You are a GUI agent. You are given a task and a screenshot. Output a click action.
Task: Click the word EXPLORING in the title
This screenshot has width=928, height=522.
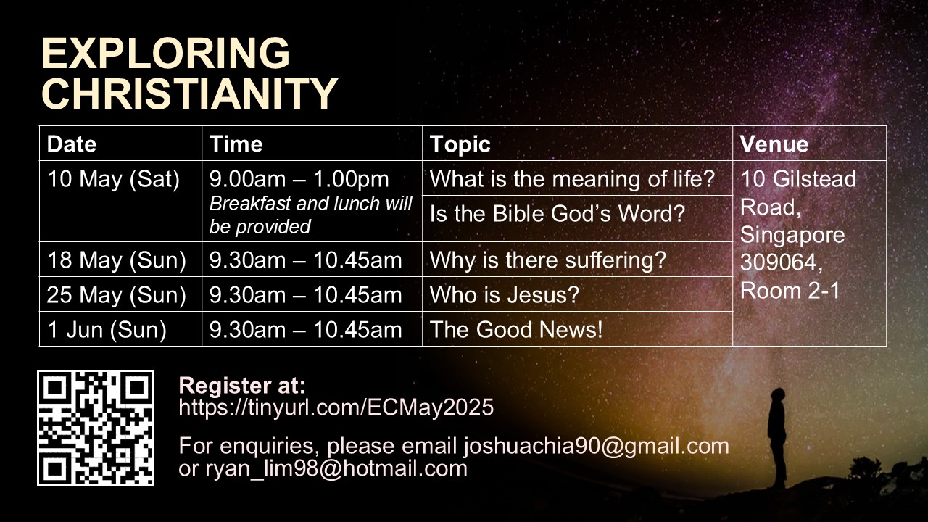point(166,53)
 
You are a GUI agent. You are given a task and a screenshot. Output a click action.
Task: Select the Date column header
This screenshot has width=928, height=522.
point(72,144)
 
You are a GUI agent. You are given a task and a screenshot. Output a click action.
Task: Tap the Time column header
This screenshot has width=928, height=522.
point(236,144)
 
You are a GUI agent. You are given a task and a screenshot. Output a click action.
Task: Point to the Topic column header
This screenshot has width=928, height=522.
point(460,145)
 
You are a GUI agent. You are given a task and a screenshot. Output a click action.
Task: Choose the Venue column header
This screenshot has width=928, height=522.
point(774,144)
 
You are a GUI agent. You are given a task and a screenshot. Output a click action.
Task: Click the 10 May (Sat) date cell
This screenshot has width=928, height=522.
point(114,179)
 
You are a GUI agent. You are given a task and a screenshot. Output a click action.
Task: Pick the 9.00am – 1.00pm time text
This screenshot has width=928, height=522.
point(299,179)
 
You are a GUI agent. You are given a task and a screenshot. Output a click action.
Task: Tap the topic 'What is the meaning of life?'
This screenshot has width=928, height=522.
point(573,179)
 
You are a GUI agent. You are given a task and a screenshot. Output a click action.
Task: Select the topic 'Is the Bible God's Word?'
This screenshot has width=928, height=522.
point(558,214)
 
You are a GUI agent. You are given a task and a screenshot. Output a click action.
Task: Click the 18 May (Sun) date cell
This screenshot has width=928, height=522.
point(117,260)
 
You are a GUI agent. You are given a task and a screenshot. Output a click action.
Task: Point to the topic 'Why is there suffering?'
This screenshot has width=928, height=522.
point(548,260)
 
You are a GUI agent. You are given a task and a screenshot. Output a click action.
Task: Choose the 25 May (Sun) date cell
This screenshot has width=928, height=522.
point(117,295)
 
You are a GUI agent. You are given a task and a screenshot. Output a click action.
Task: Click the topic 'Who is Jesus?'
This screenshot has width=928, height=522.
point(505,295)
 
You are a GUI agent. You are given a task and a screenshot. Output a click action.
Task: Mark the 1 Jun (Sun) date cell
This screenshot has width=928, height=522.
point(107,330)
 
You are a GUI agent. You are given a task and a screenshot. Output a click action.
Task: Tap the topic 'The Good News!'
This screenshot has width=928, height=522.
point(517,330)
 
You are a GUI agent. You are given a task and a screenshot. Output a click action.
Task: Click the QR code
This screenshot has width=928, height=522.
point(96,428)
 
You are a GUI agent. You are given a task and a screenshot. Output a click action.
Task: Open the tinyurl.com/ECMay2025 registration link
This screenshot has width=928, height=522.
point(336,407)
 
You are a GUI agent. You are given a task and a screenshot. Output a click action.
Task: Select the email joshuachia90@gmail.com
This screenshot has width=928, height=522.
point(597,446)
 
